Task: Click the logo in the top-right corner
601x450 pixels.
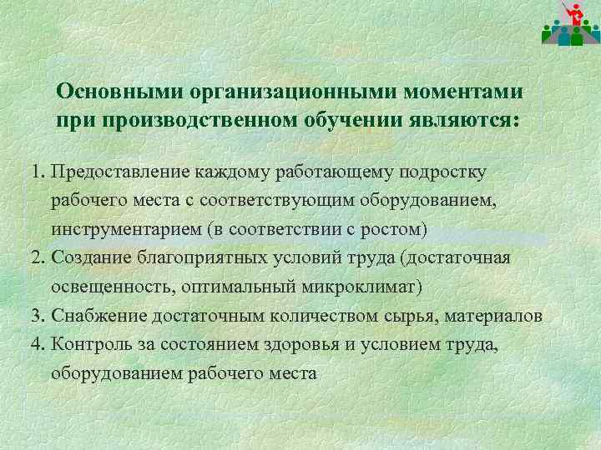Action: pos(569,23)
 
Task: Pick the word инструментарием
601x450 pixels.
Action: pos(131,228)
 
